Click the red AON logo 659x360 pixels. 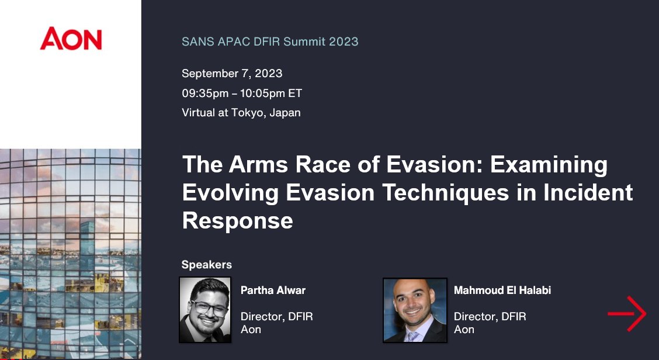click(71, 39)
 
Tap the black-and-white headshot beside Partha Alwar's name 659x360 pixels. click(205, 309)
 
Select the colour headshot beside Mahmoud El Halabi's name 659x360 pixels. click(415, 310)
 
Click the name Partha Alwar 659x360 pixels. click(273, 290)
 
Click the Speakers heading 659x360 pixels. click(207, 265)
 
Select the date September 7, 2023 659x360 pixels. click(232, 74)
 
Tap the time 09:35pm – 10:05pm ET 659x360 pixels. click(241, 94)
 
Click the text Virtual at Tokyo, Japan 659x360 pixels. click(241, 113)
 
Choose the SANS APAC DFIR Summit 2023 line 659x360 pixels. click(270, 41)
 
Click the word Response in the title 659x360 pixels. click(237, 220)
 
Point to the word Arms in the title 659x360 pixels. click(255, 165)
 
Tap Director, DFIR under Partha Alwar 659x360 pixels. click(276, 317)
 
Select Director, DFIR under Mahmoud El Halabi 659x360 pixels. click(490, 317)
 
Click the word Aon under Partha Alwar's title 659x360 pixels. click(251, 330)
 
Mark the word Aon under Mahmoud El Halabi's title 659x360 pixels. click(464, 330)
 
